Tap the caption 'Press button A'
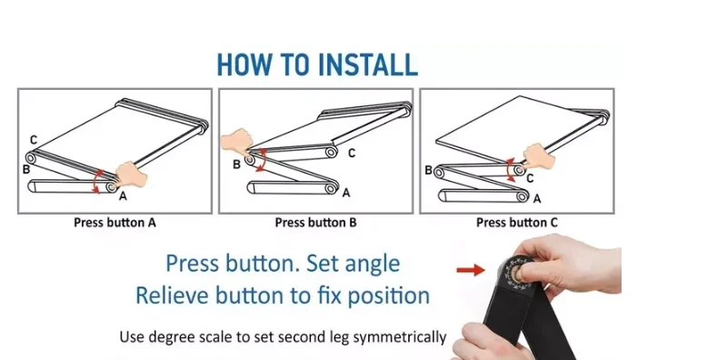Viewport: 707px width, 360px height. click(115, 223)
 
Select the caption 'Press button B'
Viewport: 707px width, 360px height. click(315, 223)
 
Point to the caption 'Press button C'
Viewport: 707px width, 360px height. click(517, 223)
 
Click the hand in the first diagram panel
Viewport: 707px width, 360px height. click(131, 175)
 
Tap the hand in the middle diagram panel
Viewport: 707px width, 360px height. click(236, 141)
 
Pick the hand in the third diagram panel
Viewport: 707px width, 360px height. click(539, 156)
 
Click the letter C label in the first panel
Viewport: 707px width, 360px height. click(34, 140)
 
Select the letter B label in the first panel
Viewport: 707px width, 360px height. click(26, 170)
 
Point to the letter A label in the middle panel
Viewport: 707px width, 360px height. click(346, 193)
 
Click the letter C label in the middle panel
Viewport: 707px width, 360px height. click(352, 154)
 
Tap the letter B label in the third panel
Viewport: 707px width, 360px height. click(429, 171)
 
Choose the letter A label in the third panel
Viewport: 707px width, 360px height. click(536, 198)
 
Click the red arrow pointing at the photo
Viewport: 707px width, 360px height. click(471, 270)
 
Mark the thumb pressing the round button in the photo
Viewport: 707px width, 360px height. click(525, 272)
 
